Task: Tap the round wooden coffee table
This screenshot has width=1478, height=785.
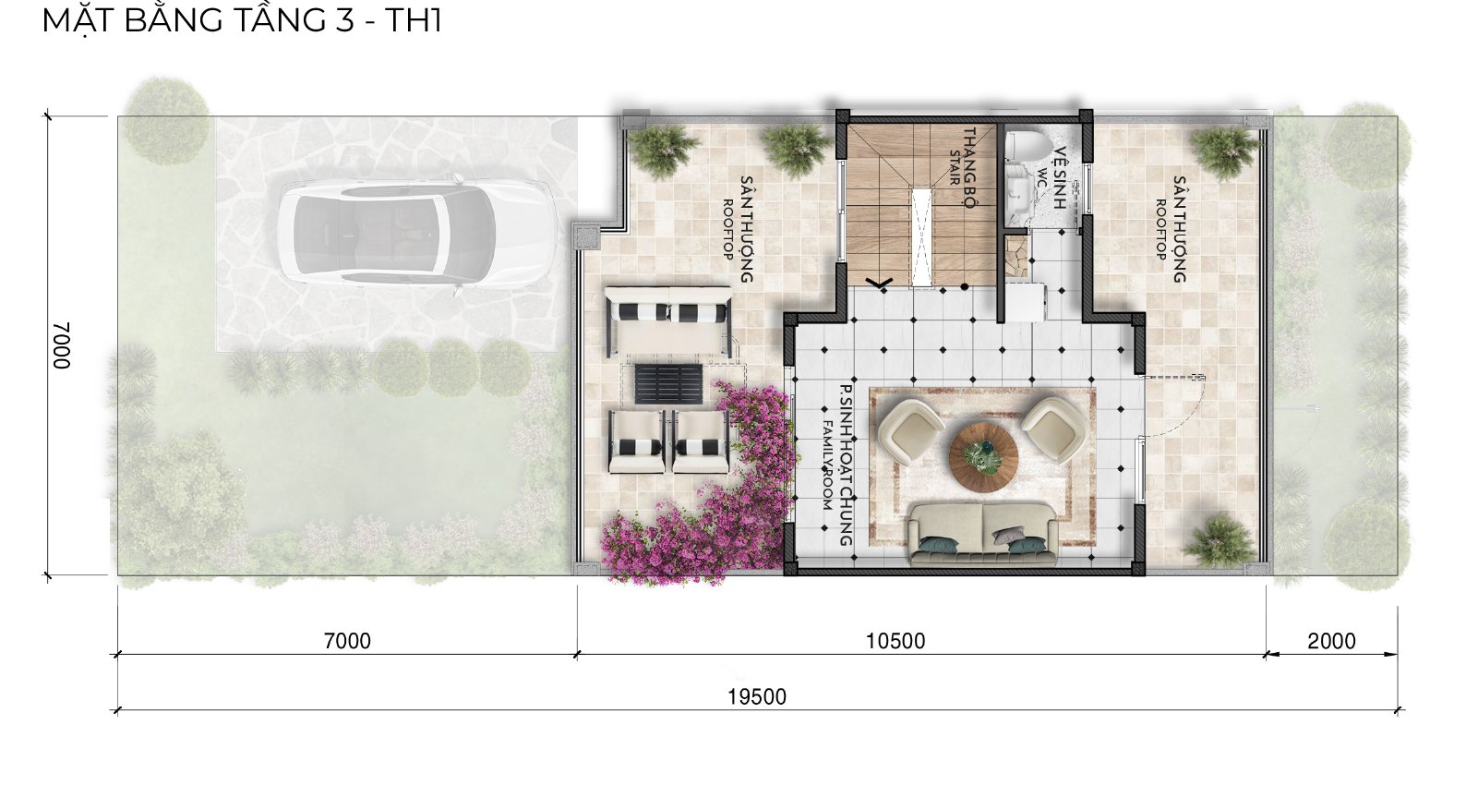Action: tap(983, 457)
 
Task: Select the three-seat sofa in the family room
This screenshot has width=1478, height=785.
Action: tap(982, 534)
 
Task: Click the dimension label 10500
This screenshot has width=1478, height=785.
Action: tap(895, 641)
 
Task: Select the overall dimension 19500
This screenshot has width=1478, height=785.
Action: tap(757, 697)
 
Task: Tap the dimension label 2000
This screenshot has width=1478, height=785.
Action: tap(1331, 641)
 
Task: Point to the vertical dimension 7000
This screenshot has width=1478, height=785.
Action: tap(61, 345)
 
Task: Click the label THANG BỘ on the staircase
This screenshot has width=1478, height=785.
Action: tap(968, 168)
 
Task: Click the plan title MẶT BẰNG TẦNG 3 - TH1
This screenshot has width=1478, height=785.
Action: tap(242, 19)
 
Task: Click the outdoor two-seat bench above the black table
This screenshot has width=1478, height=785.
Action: tap(668, 320)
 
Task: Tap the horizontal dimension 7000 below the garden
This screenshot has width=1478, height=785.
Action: tap(347, 641)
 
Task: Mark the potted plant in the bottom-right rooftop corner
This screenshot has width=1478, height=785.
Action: tap(1218, 540)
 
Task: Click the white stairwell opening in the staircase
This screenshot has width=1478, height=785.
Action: tap(921, 236)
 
